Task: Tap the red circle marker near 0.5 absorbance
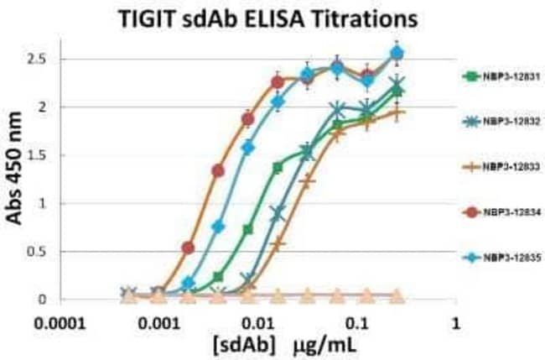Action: (188, 248)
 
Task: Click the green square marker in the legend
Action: (472, 76)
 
